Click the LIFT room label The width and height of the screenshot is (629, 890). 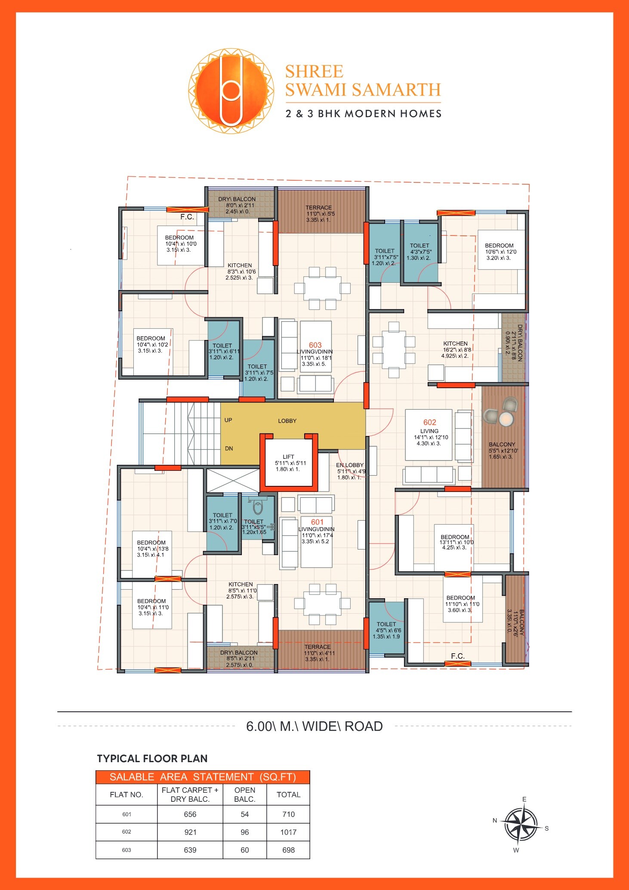[x=288, y=457]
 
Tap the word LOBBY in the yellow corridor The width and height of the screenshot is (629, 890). [x=287, y=421]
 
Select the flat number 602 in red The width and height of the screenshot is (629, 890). [x=429, y=423]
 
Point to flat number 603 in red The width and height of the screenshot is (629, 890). [x=315, y=345]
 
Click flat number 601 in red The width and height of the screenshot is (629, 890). [x=317, y=522]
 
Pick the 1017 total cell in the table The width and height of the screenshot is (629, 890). [x=288, y=832]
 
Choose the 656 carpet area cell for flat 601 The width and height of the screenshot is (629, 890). [x=190, y=814]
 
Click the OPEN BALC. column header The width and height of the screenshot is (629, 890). [x=244, y=794]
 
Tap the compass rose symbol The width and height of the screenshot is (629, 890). [x=521, y=825]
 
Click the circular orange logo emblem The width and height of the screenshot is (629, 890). [x=231, y=91]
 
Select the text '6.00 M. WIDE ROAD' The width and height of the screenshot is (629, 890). [x=314, y=726]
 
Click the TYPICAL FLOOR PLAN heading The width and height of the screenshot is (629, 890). [x=152, y=759]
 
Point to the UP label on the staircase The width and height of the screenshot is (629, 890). [x=228, y=420]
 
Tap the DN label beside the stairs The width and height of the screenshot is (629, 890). [x=229, y=448]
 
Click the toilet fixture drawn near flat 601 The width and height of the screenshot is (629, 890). [x=258, y=507]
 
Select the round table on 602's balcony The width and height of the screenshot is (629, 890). [x=506, y=418]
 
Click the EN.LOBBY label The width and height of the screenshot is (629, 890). [x=349, y=465]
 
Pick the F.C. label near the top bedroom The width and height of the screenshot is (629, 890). [x=187, y=217]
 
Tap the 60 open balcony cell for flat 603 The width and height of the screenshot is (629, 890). [x=244, y=850]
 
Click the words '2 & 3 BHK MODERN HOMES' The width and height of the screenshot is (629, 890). [x=364, y=114]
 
